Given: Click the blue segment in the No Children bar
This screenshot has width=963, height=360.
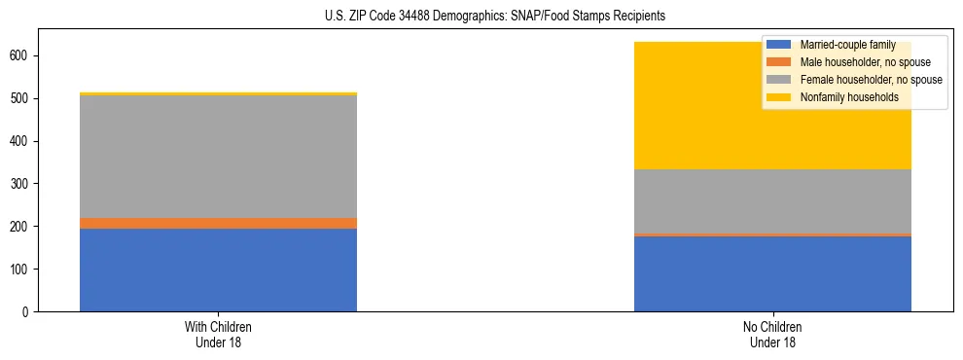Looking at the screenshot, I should pos(772,273).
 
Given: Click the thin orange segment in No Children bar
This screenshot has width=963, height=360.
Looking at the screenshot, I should pos(772,234).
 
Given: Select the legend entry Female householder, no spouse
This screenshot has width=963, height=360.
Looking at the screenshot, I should pos(871,80).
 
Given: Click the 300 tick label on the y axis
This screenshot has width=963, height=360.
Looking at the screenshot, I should pos(21,184).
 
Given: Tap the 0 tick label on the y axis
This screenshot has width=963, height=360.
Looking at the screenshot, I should pos(27,311).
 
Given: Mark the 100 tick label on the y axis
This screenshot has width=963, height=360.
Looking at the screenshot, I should pos(21,269).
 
